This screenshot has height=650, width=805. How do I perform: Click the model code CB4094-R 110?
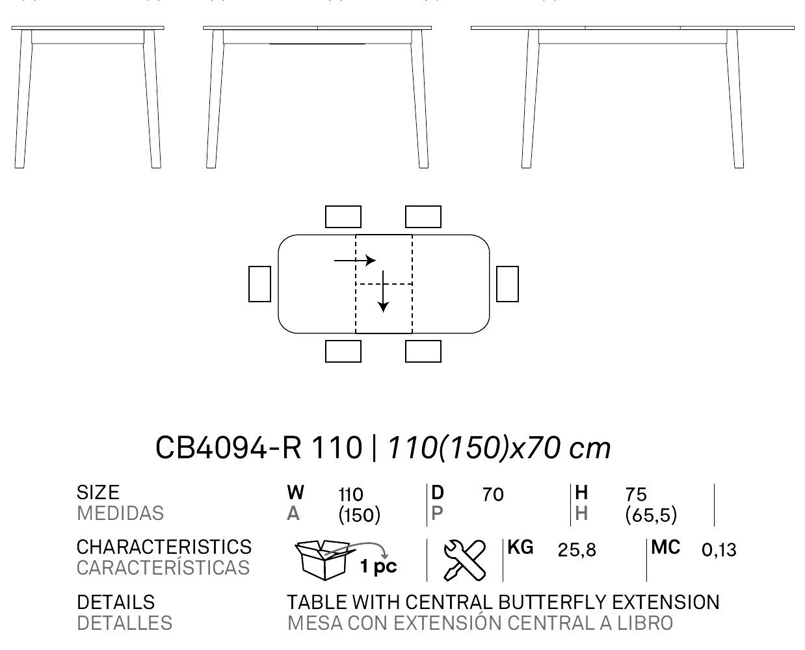(259, 448)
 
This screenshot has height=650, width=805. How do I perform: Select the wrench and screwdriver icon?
(465, 560)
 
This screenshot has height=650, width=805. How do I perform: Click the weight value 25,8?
(577, 551)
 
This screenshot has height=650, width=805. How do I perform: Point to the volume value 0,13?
(719, 550)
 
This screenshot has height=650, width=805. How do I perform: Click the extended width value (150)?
(360, 515)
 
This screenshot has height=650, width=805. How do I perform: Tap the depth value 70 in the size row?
(493, 495)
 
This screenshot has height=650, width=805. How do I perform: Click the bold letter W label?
(295, 493)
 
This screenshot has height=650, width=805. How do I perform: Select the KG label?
(520, 547)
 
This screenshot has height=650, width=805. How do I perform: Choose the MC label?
(666, 547)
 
